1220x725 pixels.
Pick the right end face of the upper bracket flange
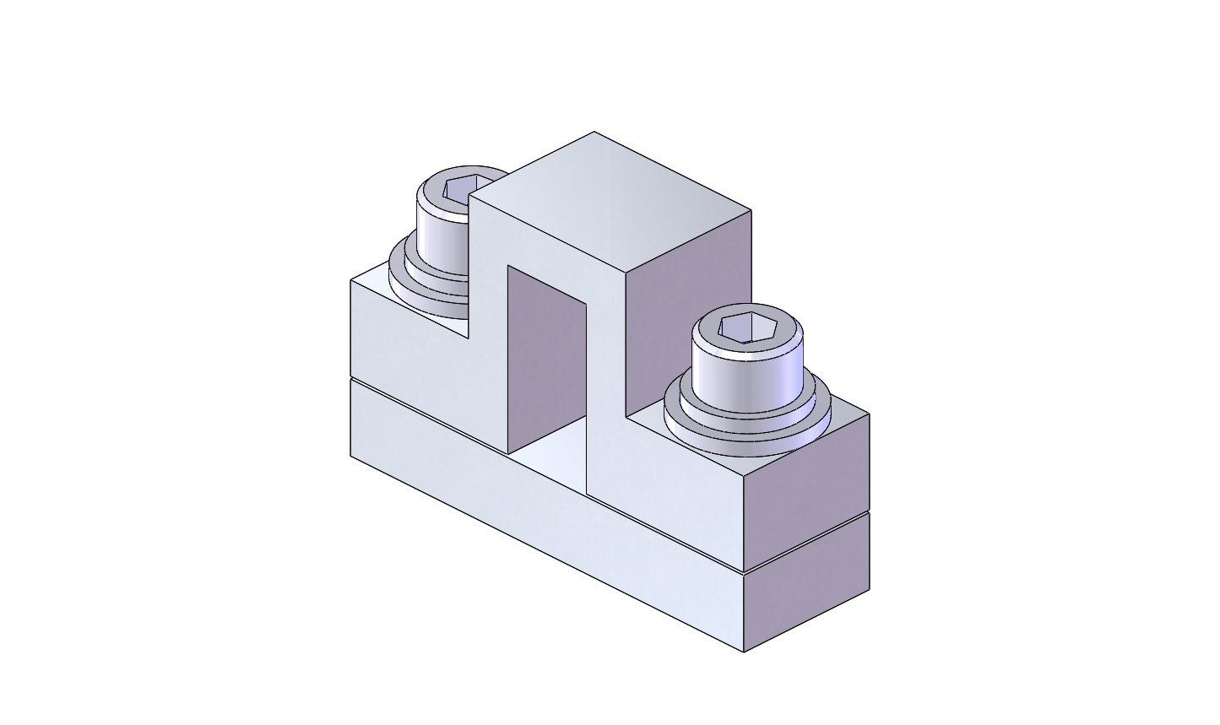pyautogui.click(x=806, y=498)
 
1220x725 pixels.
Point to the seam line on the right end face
pyautogui.click(x=806, y=542)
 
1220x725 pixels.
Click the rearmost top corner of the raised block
pyautogui.click(x=594, y=132)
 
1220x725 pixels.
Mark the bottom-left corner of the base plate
pyautogui.click(x=351, y=457)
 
